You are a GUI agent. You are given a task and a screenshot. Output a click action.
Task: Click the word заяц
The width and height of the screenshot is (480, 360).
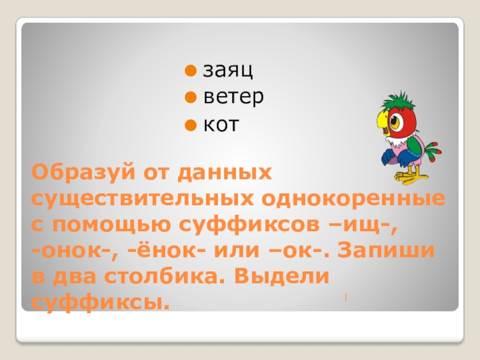click(x=228, y=71)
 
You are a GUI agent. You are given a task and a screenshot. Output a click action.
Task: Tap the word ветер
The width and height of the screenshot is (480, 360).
click(x=233, y=98)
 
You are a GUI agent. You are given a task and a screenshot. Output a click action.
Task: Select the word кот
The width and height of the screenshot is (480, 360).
click(x=221, y=125)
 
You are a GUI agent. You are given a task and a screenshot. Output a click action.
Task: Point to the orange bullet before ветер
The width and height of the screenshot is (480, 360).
click(x=190, y=97)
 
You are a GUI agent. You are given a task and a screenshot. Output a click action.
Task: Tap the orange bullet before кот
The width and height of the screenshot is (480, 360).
click(x=190, y=125)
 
